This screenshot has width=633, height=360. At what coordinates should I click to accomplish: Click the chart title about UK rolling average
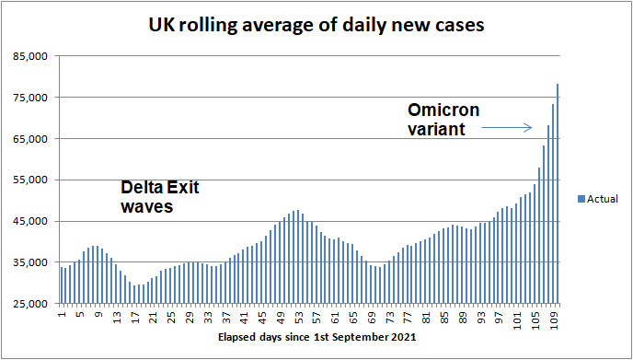click(x=316, y=25)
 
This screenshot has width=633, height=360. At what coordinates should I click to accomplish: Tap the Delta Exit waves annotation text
click(x=160, y=197)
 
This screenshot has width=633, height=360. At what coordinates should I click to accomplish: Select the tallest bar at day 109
click(x=558, y=194)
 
